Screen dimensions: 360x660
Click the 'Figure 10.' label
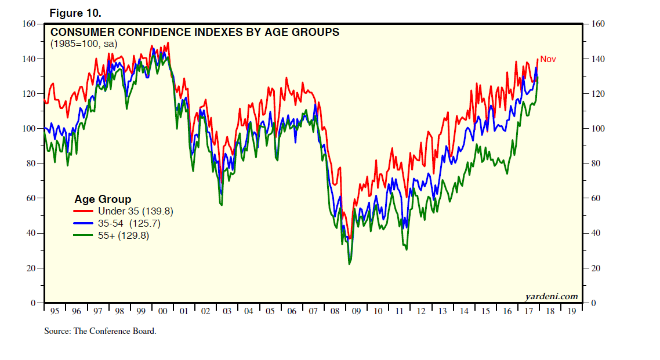tap(75, 13)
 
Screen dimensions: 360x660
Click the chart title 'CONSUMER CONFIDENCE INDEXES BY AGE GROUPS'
tap(195, 32)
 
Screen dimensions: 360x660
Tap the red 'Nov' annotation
tap(548, 59)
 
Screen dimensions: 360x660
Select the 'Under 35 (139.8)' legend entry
tap(135, 211)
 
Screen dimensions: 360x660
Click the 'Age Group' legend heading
tap(103, 199)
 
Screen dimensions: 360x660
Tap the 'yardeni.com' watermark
tap(551, 296)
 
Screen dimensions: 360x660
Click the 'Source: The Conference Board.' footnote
tap(100, 331)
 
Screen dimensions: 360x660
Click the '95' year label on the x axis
tap(55, 311)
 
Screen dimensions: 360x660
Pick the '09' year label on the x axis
tap(356, 311)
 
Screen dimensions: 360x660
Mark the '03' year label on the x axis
tap(227, 311)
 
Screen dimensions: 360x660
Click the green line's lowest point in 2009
tap(349, 264)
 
